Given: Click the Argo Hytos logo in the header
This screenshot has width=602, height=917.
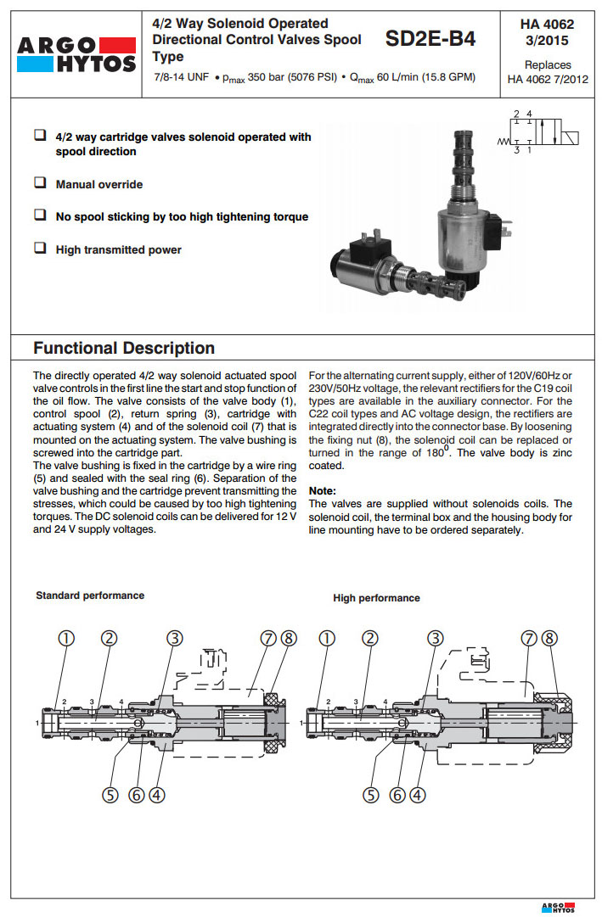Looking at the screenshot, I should point(75,53).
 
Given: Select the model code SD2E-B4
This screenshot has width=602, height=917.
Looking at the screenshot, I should point(430,39).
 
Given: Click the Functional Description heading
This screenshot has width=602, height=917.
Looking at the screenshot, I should point(124,348).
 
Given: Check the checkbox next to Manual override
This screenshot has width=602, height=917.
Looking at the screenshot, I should point(40,183).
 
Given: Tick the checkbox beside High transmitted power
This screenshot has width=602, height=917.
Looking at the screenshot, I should point(40,249).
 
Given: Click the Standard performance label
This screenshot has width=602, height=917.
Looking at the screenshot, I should point(90,595).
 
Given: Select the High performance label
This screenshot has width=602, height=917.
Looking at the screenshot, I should point(376,598).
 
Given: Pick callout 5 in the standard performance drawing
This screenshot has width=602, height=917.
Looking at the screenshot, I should point(110,795).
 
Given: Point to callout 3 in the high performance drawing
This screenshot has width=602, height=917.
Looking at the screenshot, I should point(436,639).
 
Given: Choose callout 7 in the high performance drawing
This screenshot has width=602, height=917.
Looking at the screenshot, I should point(529,639).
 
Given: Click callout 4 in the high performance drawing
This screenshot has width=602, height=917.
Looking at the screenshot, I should point(417,795).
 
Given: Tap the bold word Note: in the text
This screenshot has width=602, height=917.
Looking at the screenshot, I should point(322,490).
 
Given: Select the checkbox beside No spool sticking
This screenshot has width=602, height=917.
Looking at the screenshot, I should point(40,215).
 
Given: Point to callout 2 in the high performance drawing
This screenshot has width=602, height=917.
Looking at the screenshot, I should point(369,639).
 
